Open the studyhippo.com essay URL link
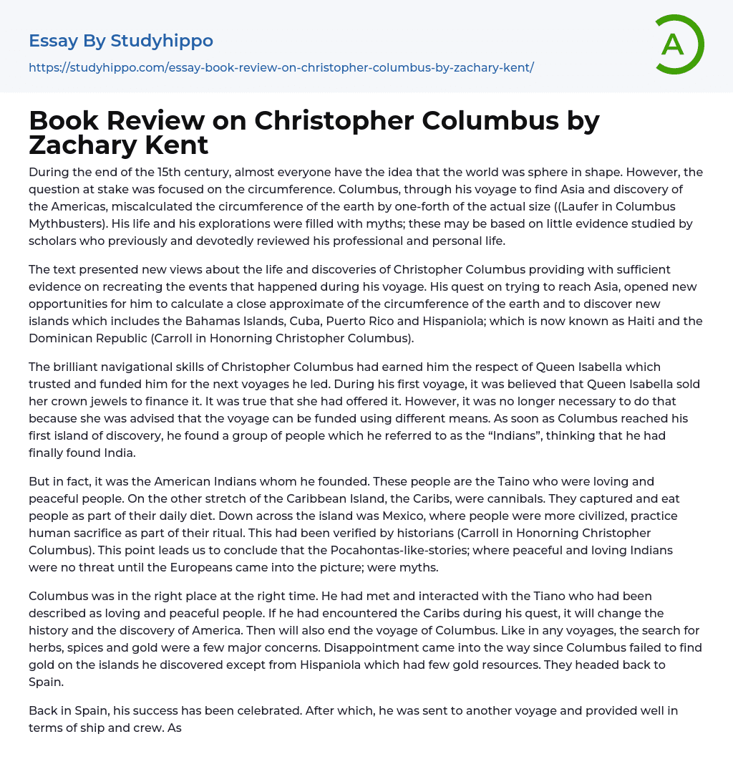281,68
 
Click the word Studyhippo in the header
162,41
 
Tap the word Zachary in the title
79,145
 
